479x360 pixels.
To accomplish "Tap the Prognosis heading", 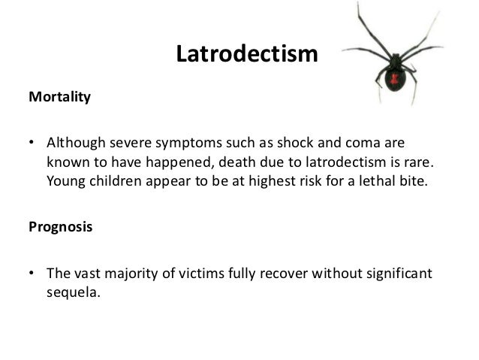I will tap(61, 227).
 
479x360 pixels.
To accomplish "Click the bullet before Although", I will tap(31, 143).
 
